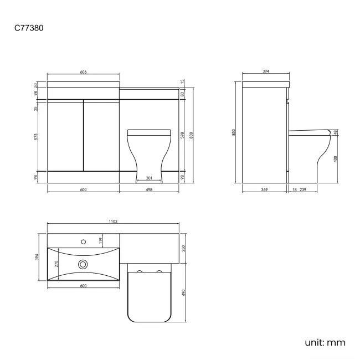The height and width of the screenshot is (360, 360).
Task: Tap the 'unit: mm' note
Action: pos(325,342)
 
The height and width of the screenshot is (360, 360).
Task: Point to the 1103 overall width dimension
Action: pos(113,222)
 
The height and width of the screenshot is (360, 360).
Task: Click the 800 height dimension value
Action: pos(191,135)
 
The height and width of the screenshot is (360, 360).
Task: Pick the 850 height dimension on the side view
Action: pos(234,132)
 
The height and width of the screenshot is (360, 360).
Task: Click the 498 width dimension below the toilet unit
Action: pos(149,190)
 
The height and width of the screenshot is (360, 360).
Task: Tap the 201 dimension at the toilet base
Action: pos(149,178)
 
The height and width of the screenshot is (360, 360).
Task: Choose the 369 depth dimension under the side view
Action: pos(264,190)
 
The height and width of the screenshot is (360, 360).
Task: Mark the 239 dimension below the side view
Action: pos(303,190)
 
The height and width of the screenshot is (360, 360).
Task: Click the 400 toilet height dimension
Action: pos(336,159)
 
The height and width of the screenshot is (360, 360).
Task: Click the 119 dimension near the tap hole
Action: pos(100,240)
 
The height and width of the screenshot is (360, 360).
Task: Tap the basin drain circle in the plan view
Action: pos(83,265)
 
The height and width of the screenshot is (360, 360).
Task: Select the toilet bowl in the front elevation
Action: pos(148,152)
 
